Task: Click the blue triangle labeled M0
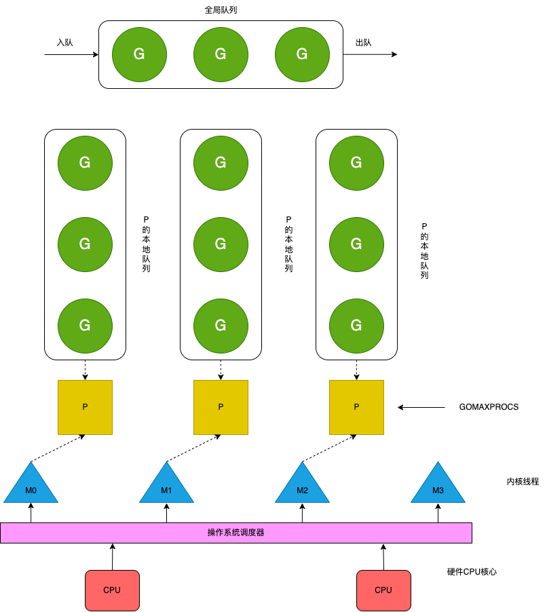click(x=31, y=487)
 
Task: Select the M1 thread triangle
click(x=166, y=487)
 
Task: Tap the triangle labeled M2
click(x=302, y=487)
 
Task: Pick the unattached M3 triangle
click(x=438, y=487)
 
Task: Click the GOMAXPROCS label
click(x=489, y=407)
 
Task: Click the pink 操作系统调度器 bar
click(x=235, y=533)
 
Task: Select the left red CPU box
click(x=112, y=590)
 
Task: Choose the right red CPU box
click(x=383, y=590)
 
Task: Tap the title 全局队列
click(x=221, y=10)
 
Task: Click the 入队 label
click(x=64, y=42)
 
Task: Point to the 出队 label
click(x=363, y=43)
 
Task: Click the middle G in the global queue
click(x=221, y=54)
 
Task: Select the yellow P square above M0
click(x=85, y=407)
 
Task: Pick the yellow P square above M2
click(x=356, y=407)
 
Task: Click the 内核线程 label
click(x=522, y=481)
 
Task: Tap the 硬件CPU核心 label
click(x=472, y=572)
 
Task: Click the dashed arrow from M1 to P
click(x=193, y=449)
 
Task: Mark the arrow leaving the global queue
click(x=370, y=54)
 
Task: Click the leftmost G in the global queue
click(x=139, y=54)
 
